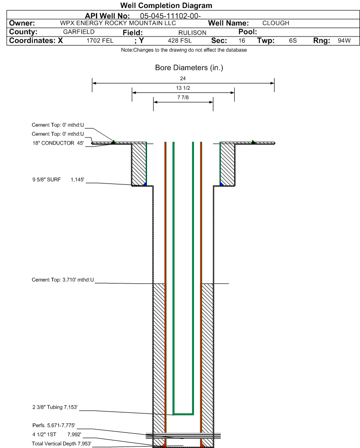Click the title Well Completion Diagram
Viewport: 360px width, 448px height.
pyautogui.click(x=166, y=6)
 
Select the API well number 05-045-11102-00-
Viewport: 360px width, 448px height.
pyautogui.click(x=171, y=16)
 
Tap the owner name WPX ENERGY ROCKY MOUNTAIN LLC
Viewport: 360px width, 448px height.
pyautogui.click(x=118, y=23)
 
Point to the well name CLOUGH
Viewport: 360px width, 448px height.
pyautogui.click(x=276, y=23)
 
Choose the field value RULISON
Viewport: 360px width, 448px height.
pyautogui.click(x=192, y=32)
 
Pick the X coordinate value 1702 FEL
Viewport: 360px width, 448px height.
pyautogui.click(x=100, y=41)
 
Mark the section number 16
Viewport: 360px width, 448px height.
pyautogui.click(x=242, y=41)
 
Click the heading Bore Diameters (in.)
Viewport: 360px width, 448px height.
pyautogui.click(x=189, y=68)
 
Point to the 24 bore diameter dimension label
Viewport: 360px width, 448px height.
pyautogui.click(x=183, y=78)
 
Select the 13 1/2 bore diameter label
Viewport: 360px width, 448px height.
pyautogui.click(x=183, y=88)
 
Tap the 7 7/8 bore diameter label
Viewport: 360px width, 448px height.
pyautogui.click(x=183, y=98)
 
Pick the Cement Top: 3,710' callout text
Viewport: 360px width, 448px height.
pyautogui.click(x=63, y=280)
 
